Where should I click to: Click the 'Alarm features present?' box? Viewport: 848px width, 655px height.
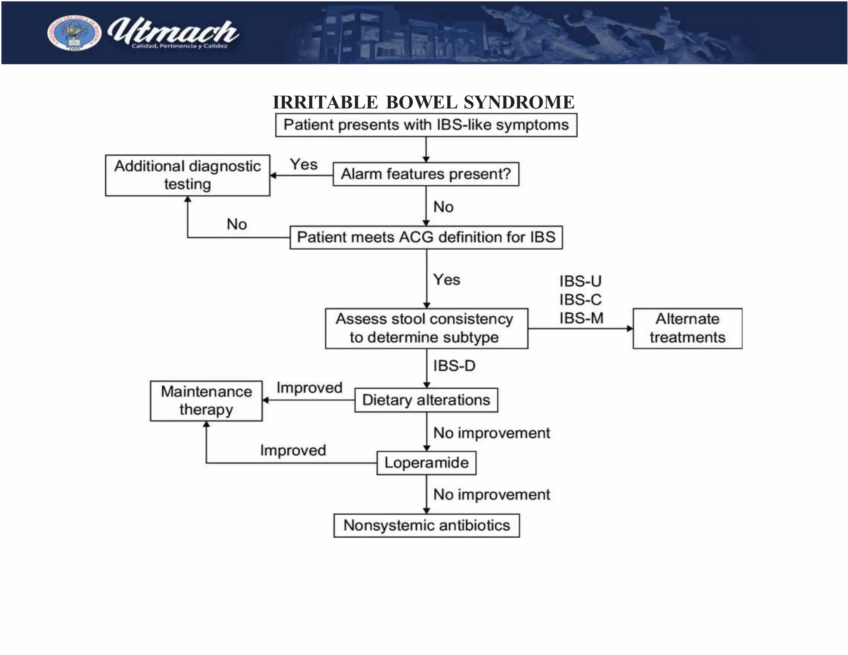[x=426, y=174]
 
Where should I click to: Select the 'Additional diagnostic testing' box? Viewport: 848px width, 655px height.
[x=188, y=175]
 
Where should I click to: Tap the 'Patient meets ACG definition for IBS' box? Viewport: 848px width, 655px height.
[x=426, y=237]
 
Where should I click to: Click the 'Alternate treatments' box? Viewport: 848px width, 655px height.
[x=687, y=328]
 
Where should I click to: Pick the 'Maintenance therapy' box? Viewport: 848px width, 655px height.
[x=206, y=401]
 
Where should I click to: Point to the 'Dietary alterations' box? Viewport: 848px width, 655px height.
[x=426, y=400]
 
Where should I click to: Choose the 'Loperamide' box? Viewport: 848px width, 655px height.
[x=426, y=463]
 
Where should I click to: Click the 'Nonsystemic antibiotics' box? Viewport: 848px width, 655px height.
[x=426, y=525]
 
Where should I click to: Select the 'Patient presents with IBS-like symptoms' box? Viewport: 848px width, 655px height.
[x=426, y=125]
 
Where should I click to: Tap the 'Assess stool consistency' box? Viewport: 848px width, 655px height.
[x=426, y=328]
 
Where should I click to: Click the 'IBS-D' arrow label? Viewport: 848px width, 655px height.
[x=454, y=366]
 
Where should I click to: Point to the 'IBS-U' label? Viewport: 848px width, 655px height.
[x=581, y=282]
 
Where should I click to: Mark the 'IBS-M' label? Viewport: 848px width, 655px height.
[x=581, y=318]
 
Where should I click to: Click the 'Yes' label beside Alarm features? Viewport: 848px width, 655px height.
[x=304, y=164]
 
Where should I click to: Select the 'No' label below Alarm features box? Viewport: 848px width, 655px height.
[x=443, y=207]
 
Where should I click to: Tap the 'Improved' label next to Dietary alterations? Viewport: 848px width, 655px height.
[x=309, y=388]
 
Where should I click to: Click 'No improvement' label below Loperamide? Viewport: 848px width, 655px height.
[x=491, y=494]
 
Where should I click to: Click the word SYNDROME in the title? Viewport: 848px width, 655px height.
[x=519, y=102]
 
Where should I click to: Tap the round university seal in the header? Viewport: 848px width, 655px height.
[x=74, y=34]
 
